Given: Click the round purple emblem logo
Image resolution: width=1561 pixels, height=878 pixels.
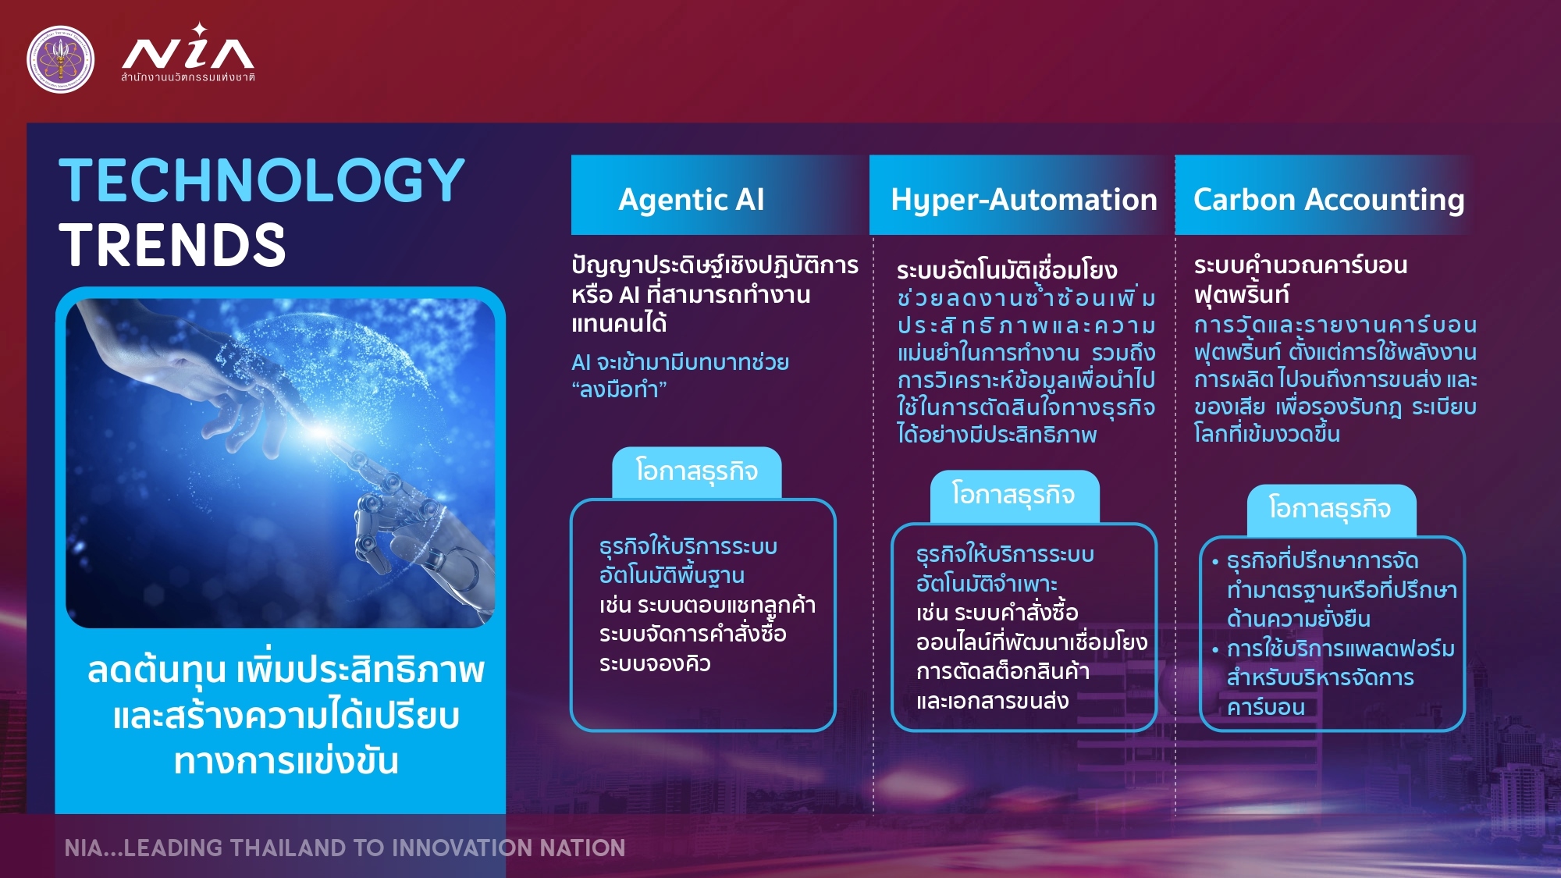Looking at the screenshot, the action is [x=60, y=59].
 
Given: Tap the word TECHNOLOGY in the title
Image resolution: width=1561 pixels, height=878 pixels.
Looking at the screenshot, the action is [x=261, y=180].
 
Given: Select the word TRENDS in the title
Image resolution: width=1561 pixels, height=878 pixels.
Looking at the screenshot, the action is [x=172, y=245].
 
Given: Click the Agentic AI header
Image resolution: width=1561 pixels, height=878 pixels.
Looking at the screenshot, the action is [x=692, y=199].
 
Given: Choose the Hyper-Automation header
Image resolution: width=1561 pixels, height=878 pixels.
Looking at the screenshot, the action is [x=1024, y=200].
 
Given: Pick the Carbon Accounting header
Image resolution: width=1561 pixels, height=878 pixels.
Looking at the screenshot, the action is [x=1328, y=200].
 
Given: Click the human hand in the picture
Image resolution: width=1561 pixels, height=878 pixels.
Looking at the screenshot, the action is [x=195, y=375].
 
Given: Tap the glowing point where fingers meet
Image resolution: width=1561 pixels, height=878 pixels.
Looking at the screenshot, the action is [x=320, y=431].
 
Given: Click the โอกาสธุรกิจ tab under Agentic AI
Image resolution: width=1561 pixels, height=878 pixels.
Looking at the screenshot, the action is [x=697, y=471].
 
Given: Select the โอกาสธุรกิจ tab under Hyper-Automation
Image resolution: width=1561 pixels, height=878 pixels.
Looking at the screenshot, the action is [x=1014, y=496].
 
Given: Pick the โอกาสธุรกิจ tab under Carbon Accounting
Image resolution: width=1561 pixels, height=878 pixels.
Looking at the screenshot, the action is [x=1331, y=509].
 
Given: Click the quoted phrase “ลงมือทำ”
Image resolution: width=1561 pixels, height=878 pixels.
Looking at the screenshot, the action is [x=620, y=389].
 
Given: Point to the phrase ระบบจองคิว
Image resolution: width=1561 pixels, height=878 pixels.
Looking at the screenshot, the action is [x=655, y=663].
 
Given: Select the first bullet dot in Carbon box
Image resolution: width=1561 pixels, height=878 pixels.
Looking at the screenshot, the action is [x=1215, y=562].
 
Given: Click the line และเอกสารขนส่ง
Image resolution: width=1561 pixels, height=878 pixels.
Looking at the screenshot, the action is [x=992, y=701].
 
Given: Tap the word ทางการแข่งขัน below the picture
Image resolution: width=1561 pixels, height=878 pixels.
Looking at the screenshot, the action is [x=286, y=761].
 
